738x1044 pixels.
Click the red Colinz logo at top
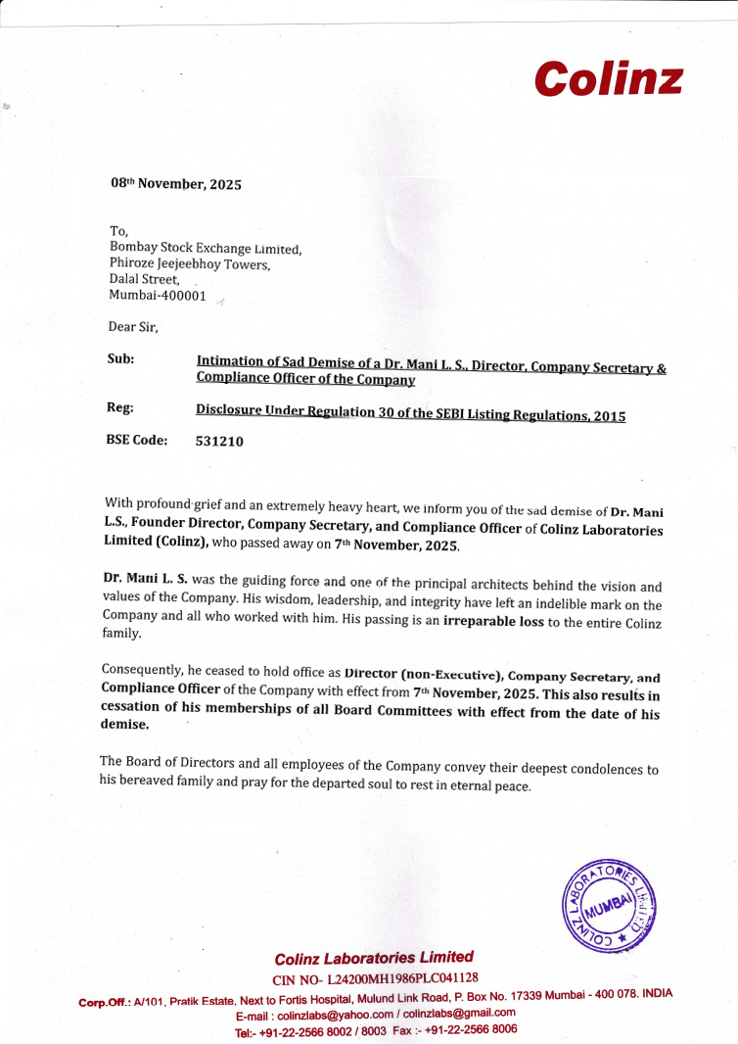click(608, 77)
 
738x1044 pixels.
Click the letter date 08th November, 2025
click(175, 183)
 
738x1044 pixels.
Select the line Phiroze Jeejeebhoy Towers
click(189, 263)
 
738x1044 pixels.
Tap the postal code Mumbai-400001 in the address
click(158, 295)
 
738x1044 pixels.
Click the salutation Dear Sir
click(133, 325)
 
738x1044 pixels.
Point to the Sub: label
click(120, 358)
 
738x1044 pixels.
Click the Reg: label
click(119, 406)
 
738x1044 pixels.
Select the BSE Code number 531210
click(219, 441)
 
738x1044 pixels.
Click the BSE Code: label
click(136, 440)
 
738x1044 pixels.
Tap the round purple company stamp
click(609, 907)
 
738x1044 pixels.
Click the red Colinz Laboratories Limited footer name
click(374, 958)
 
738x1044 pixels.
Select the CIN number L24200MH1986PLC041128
click(402, 977)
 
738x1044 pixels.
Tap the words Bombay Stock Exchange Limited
click(206, 249)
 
